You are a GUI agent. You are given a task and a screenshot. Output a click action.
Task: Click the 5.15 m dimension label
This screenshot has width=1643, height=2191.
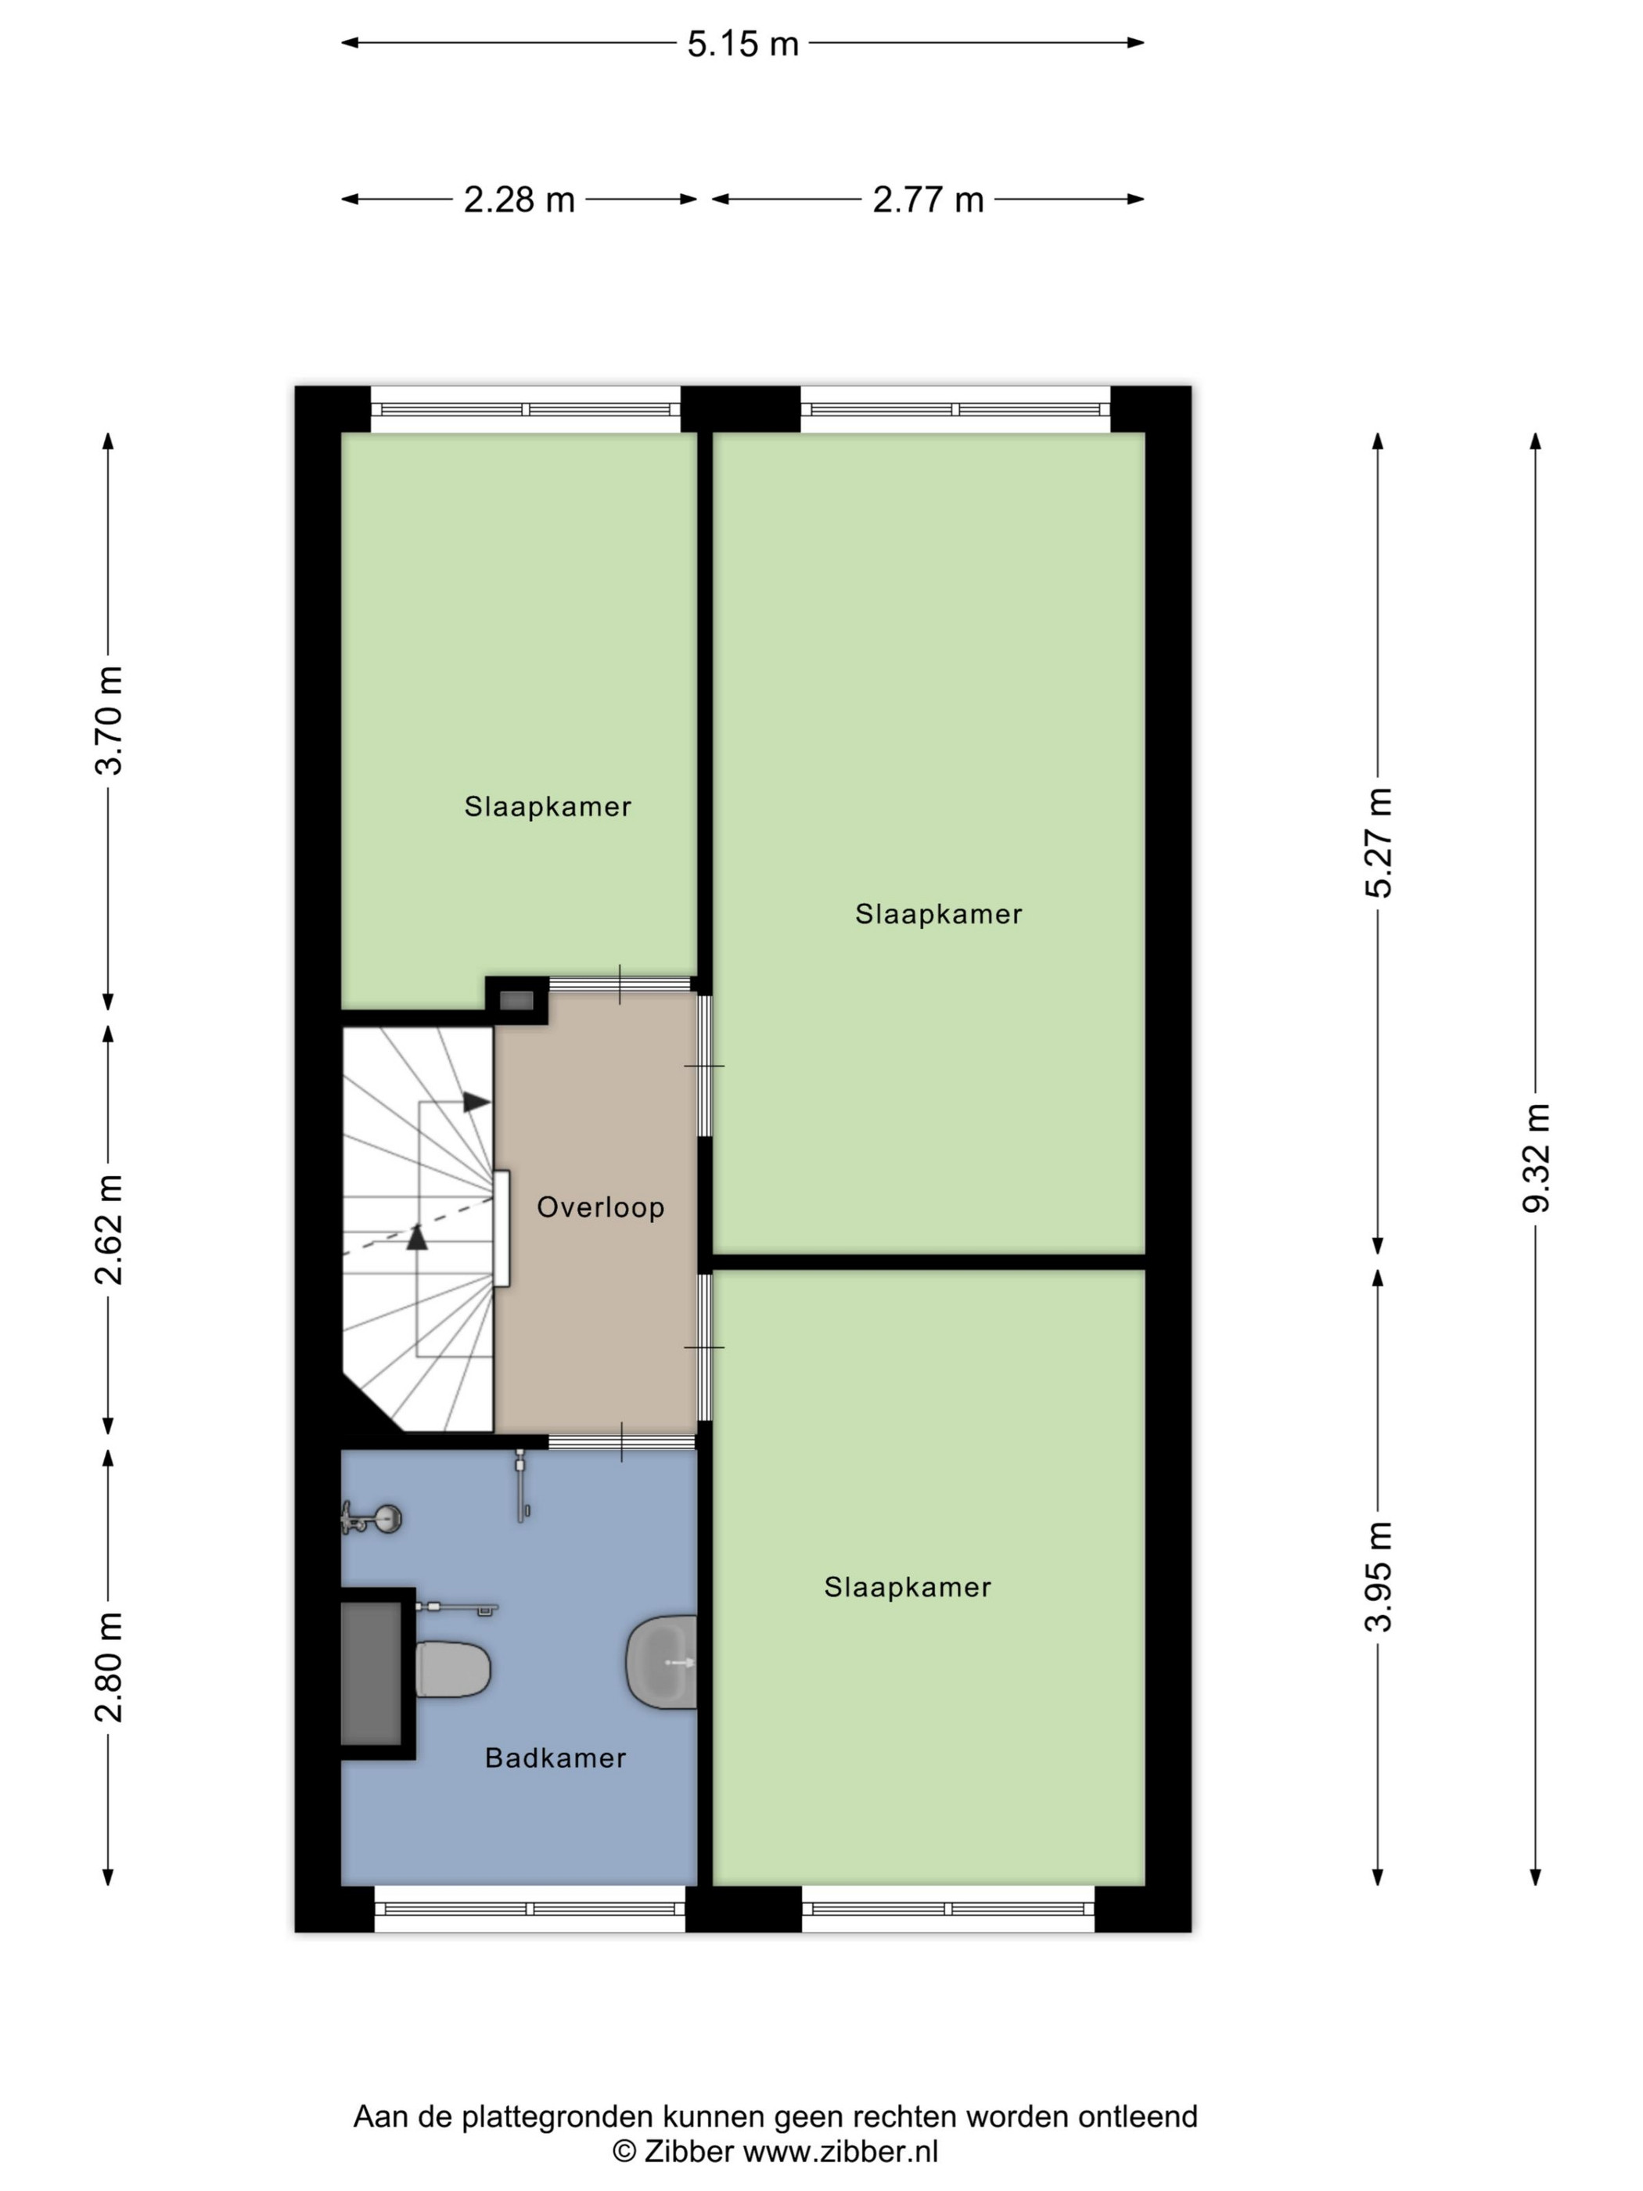[742, 44]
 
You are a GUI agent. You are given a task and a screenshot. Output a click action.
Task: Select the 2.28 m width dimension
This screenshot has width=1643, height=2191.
[519, 200]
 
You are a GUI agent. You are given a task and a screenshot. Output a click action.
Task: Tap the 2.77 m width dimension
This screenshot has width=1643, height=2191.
[928, 200]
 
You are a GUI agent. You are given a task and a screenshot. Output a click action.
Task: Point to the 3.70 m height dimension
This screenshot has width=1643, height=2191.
[109, 720]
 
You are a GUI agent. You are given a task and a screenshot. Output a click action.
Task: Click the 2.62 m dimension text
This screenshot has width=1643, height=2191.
[109, 1229]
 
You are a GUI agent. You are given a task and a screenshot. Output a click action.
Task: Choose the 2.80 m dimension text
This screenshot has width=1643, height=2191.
[109, 1667]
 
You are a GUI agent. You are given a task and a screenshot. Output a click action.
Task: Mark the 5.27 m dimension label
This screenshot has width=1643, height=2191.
[1378, 843]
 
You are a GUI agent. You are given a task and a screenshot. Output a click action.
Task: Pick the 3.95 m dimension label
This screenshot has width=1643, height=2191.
[1378, 1577]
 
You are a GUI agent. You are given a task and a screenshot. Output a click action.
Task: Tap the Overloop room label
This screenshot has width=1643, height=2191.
[600, 1207]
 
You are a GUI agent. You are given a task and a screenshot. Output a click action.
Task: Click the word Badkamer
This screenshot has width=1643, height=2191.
[555, 1758]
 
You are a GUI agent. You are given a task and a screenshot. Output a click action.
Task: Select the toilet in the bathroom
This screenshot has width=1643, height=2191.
[452, 1669]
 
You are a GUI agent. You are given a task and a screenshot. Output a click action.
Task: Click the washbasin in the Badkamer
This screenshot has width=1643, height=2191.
[662, 1663]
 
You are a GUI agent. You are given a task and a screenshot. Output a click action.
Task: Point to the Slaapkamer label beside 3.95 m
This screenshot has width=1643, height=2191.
[907, 1588]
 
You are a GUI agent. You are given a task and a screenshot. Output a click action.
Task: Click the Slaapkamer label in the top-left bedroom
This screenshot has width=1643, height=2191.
[548, 808]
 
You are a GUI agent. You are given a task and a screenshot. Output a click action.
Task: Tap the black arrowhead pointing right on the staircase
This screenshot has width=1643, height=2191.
[477, 1102]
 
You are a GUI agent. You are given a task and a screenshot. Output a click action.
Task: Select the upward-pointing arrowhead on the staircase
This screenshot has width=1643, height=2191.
[417, 1237]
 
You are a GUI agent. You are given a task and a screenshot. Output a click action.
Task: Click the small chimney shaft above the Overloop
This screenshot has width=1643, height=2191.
[516, 1000]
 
